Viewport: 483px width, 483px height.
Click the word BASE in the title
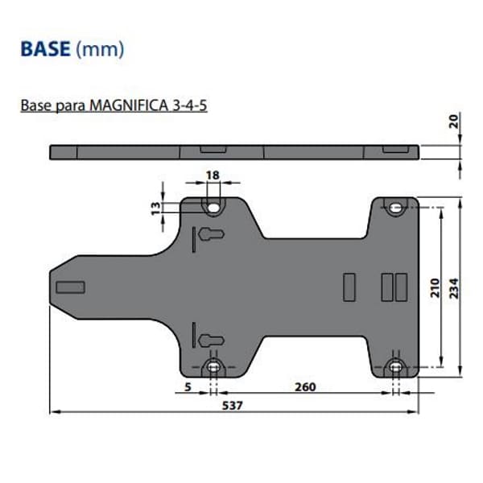pos(45,49)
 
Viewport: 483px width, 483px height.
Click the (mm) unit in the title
pos(100,50)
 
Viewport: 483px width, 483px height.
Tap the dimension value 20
pos(454,122)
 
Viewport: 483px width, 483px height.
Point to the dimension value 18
pos(213,175)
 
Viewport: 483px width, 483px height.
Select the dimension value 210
pos(434,287)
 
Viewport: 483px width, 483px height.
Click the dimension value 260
pos(305,387)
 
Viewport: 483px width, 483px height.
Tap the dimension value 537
pos(234,406)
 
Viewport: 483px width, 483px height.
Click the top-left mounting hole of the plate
pos(213,208)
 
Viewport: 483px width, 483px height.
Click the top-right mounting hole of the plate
pos(395,208)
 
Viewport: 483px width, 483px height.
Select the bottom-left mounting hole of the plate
pos(213,368)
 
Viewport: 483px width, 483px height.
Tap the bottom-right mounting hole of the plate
pos(395,368)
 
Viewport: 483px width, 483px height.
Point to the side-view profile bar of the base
pos(234,151)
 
